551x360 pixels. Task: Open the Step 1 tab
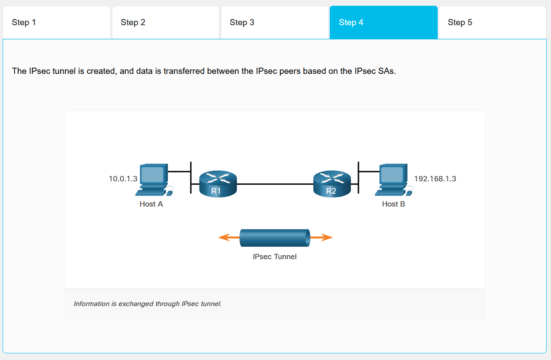coord(56,22)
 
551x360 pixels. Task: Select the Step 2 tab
coord(166,22)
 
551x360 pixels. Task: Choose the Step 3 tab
coord(274,22)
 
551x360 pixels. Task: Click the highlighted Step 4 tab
coord(383,22)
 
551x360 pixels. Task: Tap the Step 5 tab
coord(492,22)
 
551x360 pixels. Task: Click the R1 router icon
coord(218,183)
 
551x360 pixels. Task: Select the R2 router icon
coord(331,183)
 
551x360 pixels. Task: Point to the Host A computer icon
coord(153,179)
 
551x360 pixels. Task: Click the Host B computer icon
coord(393,179)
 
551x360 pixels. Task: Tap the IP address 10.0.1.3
coord(123,179)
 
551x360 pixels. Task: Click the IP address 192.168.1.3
coord(435,179)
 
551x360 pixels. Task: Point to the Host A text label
coord(151,204)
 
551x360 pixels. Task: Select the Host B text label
coord(393,204)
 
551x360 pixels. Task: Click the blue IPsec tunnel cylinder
coord(274,238)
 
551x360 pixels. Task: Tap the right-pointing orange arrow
coord(322,237)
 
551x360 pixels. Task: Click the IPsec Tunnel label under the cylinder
coord(274,257)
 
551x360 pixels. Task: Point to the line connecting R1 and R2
coord(274,183)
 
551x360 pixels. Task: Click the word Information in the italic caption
coord(92,304)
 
